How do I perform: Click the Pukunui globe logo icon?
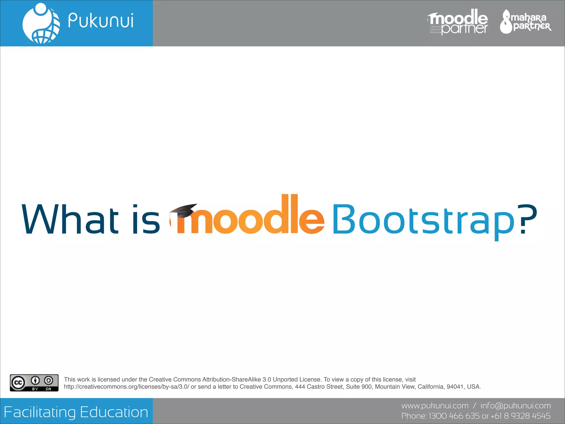pyautogui.click(x=41, y=23)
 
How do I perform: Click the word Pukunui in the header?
pyautogui.click(x=101, y=21)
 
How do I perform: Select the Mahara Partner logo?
pyautogui.click(x=526, y=22)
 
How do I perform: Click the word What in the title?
pyautogui.click(x=70, y=219)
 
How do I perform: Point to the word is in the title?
pyautogui.click(x=146, y=219)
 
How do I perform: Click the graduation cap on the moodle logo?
pyautogui.click(x=183, y=211)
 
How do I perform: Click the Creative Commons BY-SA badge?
pyautogui.click(x=34, y=383)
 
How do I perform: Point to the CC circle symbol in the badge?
pyautogui.click(x=18, y=383)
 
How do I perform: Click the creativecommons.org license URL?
pyautogui.click(x=127, y=387)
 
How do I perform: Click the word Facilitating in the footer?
pyautogui.click(x=40, y=412)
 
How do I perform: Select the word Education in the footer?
pyautogui.click(x=114, y=412)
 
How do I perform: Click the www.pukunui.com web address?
pyautogui.click(x=435, y=406)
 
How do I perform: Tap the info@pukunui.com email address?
pyautogui.click(x=516, y=406)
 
